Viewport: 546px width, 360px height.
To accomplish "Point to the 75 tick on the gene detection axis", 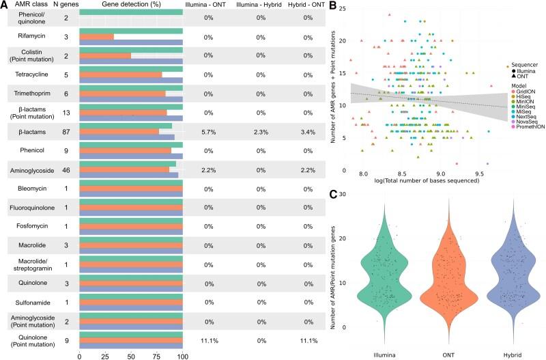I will tap(157, 356).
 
